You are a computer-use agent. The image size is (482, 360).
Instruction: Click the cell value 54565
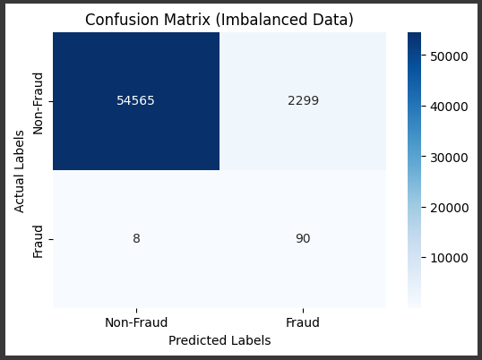(x=135, y=101)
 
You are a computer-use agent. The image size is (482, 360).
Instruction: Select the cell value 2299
(x=303, y=101)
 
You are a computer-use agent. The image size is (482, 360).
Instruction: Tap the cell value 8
(x=136, y=238)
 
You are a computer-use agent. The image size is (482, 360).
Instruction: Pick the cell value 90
(x=303, y=238)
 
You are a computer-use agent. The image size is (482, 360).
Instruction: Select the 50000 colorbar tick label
(x=449, y=56)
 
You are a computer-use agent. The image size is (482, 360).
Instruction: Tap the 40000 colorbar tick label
(x=449, y=107)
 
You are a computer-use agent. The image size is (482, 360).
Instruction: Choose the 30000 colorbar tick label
(x=449, y=158)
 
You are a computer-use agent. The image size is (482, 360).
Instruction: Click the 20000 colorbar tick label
(x=449, y=208)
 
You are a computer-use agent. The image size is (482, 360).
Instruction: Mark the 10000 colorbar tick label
(x=449, y=258)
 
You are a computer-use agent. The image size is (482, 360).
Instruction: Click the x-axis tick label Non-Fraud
(x=136, y=322)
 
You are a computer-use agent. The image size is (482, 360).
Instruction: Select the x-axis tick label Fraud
(x=303, y=322)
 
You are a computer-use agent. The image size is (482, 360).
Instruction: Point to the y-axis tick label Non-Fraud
(x=39, y=104)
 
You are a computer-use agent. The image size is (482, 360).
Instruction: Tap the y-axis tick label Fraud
(x=39, y=242)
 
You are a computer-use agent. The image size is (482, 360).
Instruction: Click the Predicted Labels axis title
(x=219, y=340)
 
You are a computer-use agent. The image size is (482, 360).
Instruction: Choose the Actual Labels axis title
(x=19, y=171)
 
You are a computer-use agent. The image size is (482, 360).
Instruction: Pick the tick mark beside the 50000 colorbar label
(x=424, y=56)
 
